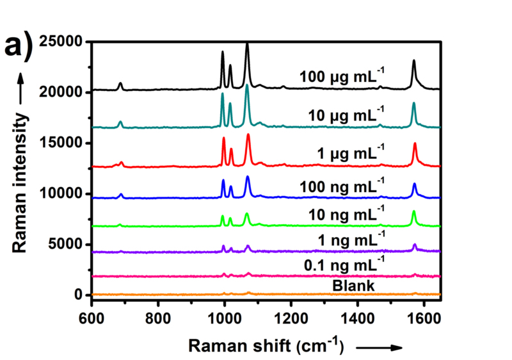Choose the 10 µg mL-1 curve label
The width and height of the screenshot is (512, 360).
point(345,115)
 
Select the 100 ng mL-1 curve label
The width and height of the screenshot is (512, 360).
point(342,187)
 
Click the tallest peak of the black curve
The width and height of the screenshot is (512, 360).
point(247,44)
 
